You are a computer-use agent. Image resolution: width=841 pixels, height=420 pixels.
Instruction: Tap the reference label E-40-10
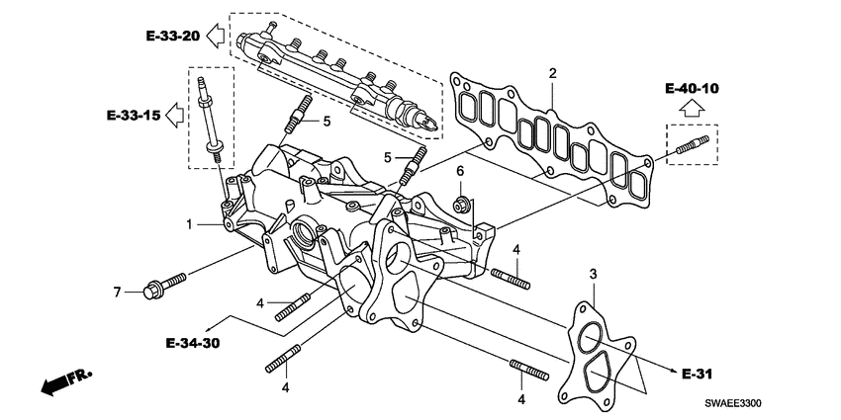click(692, 88)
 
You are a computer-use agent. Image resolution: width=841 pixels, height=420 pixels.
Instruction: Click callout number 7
click(116, 292)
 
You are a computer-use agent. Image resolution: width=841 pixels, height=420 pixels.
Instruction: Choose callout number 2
click(553, 72)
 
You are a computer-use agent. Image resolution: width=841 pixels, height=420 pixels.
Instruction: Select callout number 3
click(593, 273)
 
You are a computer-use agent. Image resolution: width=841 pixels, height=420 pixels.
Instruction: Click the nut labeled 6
click(460, 205)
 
